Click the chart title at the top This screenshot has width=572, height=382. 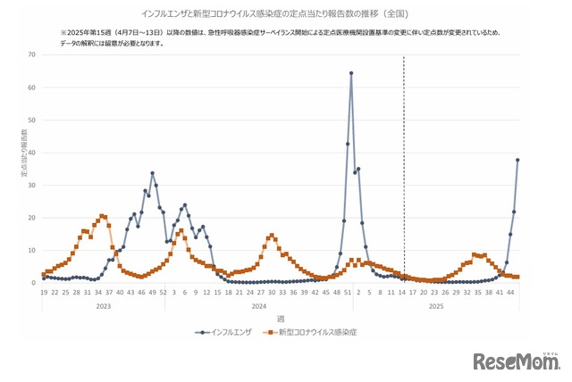tap(285, 14)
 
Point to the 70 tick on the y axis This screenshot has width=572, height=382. tap(32, 54)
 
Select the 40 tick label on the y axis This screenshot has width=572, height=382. tap(32, 153)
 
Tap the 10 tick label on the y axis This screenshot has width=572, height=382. tap(32, 251)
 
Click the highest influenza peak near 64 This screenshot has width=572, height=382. tap(351, 73)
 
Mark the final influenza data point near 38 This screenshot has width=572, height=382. tap(517, 160)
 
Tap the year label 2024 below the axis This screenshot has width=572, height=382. tap(259, 306)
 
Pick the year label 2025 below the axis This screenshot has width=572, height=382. tap(436, 306)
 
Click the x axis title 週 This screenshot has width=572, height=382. tap(281, 319)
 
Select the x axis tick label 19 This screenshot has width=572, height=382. tap(43, 292)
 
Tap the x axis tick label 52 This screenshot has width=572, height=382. tap(164, 292)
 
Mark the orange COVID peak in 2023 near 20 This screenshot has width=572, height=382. tap(102, 216)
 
